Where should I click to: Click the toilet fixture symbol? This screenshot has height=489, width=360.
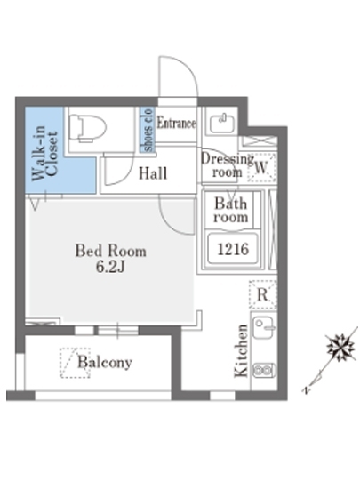click(x=87, y=129)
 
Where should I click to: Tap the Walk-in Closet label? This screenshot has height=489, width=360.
click(x=45, y=153)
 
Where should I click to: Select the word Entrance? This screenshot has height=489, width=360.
click(x=176, y=123)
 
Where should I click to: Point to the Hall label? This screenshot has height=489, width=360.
click(x=153, y=173)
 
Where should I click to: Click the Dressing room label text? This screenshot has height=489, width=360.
click(x=228, y=165)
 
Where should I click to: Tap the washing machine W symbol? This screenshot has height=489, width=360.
click(x=262, y=168)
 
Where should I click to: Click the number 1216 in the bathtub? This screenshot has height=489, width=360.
click(x=233, y=249)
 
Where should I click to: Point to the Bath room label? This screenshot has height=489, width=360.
click(x=231, y=210)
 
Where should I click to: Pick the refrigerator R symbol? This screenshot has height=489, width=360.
click(x=262, y=294)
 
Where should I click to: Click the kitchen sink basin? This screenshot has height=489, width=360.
click(x=263, y=327)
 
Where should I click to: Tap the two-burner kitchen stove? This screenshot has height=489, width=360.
click(x=264, y=371)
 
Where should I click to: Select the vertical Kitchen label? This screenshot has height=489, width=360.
click(x=241, y=350)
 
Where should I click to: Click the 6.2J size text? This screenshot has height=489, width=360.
click(x=110, y=267)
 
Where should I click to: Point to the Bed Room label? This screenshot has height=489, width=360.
click(x=110, y=251)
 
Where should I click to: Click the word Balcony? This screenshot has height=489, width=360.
click(x=105, y=362)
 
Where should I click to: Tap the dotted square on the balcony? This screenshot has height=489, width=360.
click(x=75, y=363)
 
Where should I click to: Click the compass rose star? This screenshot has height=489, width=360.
click(x=340, y=347)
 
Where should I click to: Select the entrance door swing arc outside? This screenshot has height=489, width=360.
click(x=187, y=69)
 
